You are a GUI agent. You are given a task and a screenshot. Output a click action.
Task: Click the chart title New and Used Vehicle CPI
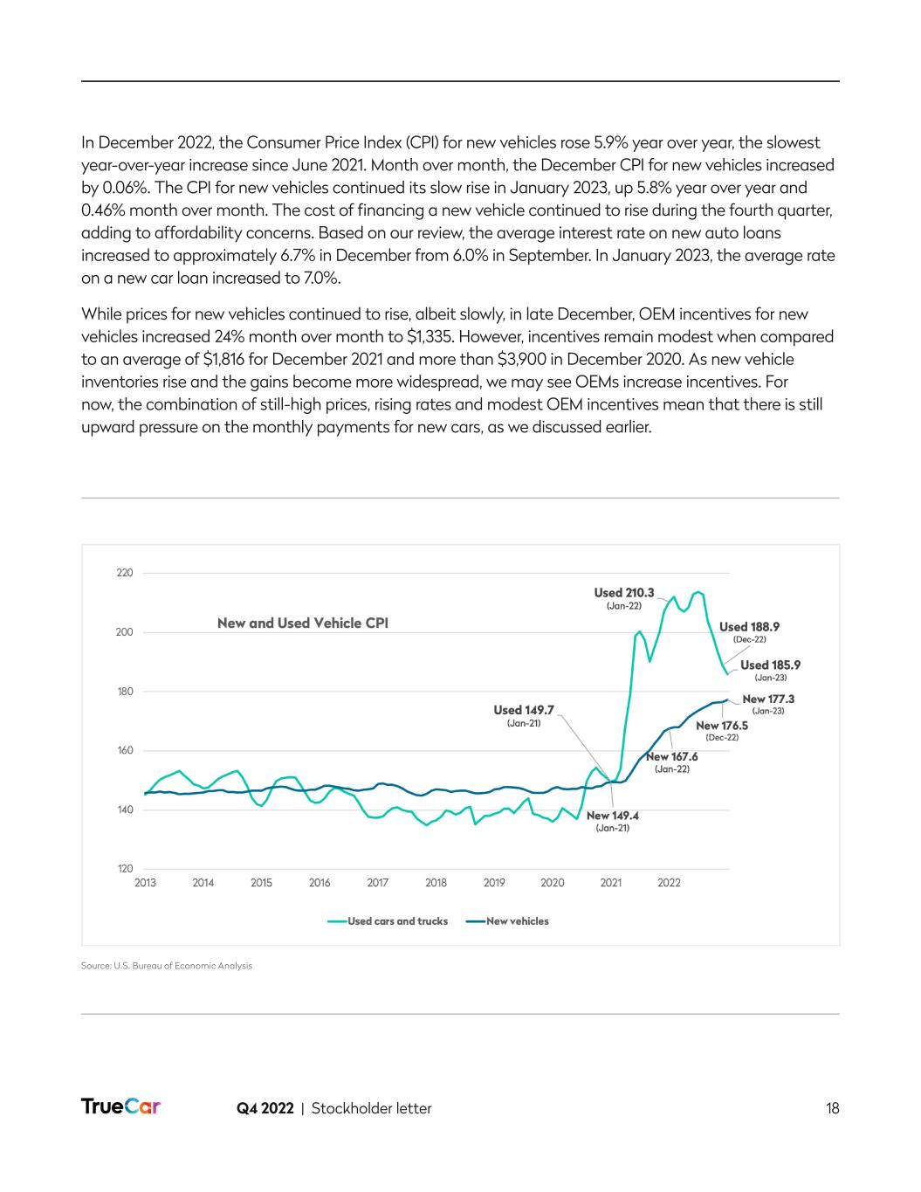pyautogui.click(x=302, y=623)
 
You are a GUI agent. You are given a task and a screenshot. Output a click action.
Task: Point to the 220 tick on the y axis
pyautogui.click(x=125, y=573)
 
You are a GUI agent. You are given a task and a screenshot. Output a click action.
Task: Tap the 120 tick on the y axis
pyautogui.click(x=125, y=869)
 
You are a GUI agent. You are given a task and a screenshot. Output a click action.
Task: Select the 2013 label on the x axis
pyautogui.click(x=145, y=883)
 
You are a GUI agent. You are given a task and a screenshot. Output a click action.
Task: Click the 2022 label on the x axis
pyautogui.click(x=669, y=883)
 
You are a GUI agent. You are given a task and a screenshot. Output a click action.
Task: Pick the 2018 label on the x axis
pyautogui.click(x=436, y=883)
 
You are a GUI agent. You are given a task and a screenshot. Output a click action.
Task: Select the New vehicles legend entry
pyautogui.click(x=517, y=920)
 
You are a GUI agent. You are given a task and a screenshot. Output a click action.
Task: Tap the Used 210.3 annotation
pyautogui.click(x=624, y=593)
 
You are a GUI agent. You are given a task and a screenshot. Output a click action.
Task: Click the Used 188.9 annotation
pyautogui.click(x=749, y=626)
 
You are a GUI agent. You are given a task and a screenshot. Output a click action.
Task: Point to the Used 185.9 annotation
pyautogui.click(x=770, y=665)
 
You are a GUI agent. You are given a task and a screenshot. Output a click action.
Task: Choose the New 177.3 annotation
pyautogui.click(x=768, y=699)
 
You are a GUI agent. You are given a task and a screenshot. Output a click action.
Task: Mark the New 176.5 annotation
pyautogui.click(x=722, y=725)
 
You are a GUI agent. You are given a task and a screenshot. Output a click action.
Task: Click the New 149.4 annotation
pyautogui.click(x=612, y=816)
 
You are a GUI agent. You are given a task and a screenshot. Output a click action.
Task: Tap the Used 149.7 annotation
pyautogui.click(x=524, y=710)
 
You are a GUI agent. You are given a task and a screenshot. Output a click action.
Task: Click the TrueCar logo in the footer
pyautogui.click(x=120, y=1107)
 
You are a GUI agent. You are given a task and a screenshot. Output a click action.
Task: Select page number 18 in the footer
pyautogui.click(x=832, y=1108)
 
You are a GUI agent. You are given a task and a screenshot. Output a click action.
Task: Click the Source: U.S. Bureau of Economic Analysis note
pyautogui.click(x=167, y=966)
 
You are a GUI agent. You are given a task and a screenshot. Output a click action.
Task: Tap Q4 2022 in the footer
pyautogui.click(x=265, y=1108)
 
